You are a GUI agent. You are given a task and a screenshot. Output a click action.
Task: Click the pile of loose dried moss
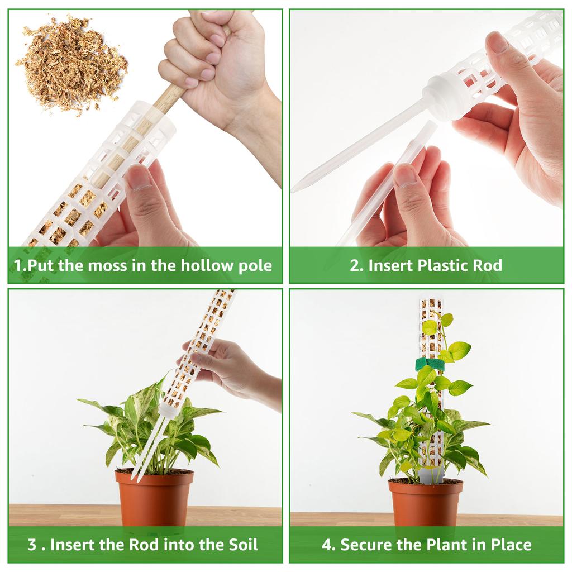point(71,64)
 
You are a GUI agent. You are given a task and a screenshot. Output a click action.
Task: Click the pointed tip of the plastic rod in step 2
point(293,190)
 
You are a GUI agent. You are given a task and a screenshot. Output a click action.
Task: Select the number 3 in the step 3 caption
point(32,545)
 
